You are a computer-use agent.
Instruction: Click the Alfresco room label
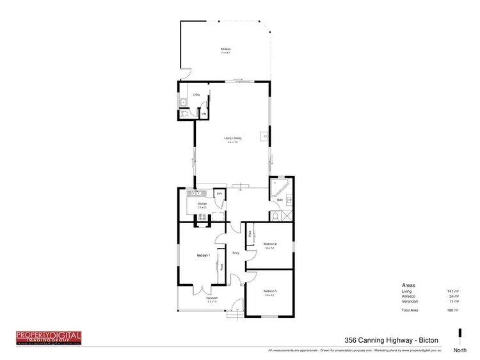click(225, 49)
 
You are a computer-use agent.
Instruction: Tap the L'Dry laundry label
click(197, 95)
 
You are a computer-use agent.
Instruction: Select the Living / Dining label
click(232, 138)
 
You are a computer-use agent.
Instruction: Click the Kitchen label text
click(202, 204)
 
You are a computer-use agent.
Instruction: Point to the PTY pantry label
click(219, 194)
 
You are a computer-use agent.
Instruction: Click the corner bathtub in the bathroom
click(279, 187)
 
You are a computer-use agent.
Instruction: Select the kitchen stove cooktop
click(203, 217)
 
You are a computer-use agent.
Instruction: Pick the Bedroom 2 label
click(269, 244)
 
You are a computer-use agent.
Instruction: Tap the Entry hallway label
click(235, 254)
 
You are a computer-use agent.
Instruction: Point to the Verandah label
click(212, 298)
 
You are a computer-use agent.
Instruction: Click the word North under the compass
click(460, 350)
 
